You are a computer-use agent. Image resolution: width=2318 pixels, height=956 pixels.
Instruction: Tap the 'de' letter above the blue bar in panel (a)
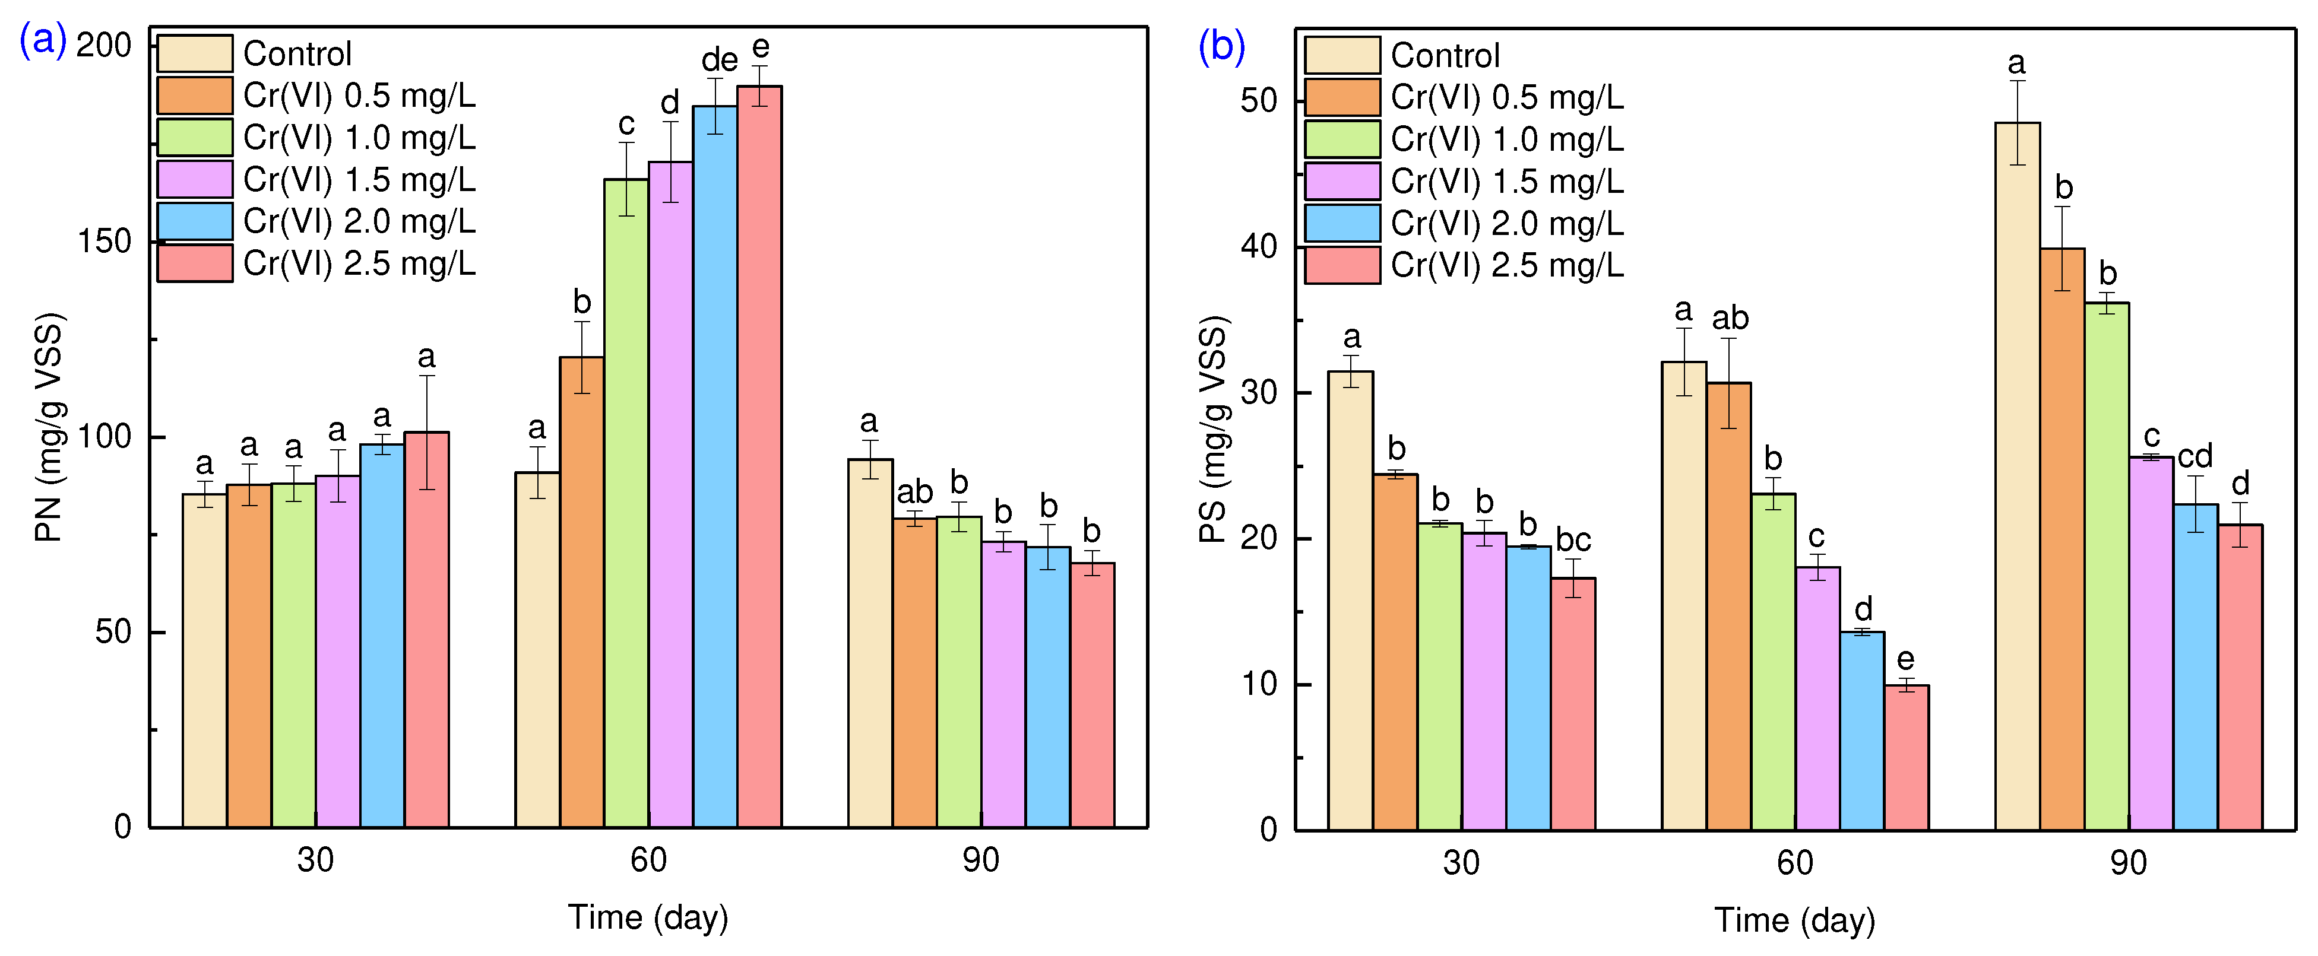[719, 61]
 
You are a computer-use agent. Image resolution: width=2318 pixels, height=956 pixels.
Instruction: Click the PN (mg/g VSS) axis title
[49, 427]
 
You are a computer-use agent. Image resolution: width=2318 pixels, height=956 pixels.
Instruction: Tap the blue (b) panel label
[1221, 45]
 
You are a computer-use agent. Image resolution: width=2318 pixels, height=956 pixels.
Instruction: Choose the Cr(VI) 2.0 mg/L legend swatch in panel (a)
[194, 221]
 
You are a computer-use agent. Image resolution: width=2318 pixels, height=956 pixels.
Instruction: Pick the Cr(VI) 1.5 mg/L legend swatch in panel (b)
[1342, 182]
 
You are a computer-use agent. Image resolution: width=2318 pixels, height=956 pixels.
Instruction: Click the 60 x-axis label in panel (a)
[648, 860]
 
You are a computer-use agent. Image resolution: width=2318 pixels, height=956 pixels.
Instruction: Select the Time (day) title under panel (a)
[648, 918]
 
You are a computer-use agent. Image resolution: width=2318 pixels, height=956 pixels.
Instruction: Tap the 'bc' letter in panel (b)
[1573, 539]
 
